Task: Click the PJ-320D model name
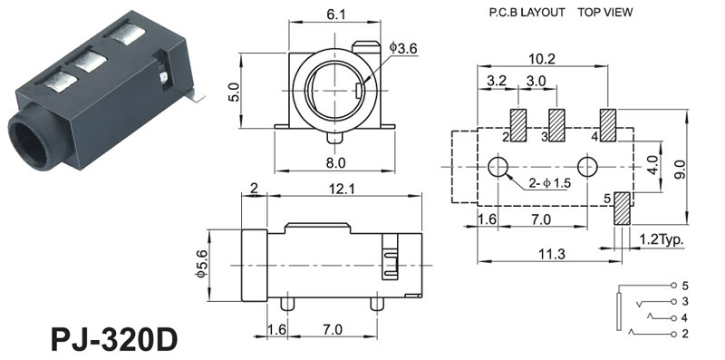(114, 341)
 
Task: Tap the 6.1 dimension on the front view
(335, 15)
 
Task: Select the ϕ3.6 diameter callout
(403, 48)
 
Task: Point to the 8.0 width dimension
(335, 163)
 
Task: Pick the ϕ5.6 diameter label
(200, 264)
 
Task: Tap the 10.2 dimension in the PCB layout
(541, 59)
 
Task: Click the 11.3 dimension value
(547, 254)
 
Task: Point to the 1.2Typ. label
(662, 239)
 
